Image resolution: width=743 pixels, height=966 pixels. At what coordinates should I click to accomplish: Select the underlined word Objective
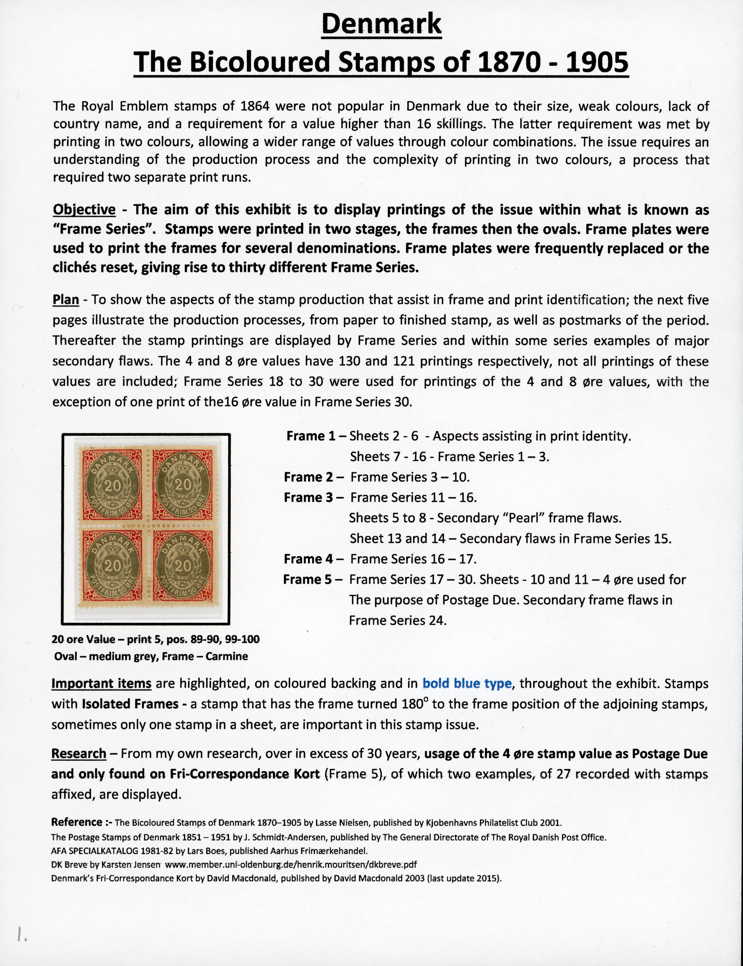coord(84,210)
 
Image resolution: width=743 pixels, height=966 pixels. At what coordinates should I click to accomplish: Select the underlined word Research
coord(79,753)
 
